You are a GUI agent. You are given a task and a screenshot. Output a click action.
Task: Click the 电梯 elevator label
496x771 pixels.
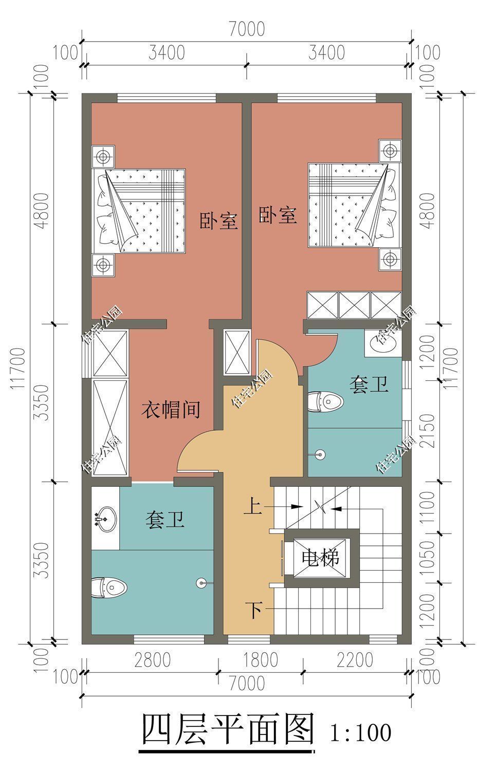point(320,557)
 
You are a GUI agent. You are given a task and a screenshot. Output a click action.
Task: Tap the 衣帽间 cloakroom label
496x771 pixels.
point(171,410)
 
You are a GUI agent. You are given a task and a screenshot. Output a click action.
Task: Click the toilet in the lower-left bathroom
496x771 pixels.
point(109,587)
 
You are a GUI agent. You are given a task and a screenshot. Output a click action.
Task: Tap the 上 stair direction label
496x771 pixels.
point(252,507)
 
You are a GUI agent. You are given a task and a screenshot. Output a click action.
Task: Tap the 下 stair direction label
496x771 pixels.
point(254,611)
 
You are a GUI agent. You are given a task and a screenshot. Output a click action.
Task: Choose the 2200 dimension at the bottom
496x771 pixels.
point(355,659)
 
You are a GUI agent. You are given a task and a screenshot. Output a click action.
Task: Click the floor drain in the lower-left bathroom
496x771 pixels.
point(200,582)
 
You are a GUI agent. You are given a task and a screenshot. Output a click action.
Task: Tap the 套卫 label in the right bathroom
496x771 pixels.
point(368,384)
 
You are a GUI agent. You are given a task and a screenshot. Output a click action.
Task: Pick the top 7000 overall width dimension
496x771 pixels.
point(247,29)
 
